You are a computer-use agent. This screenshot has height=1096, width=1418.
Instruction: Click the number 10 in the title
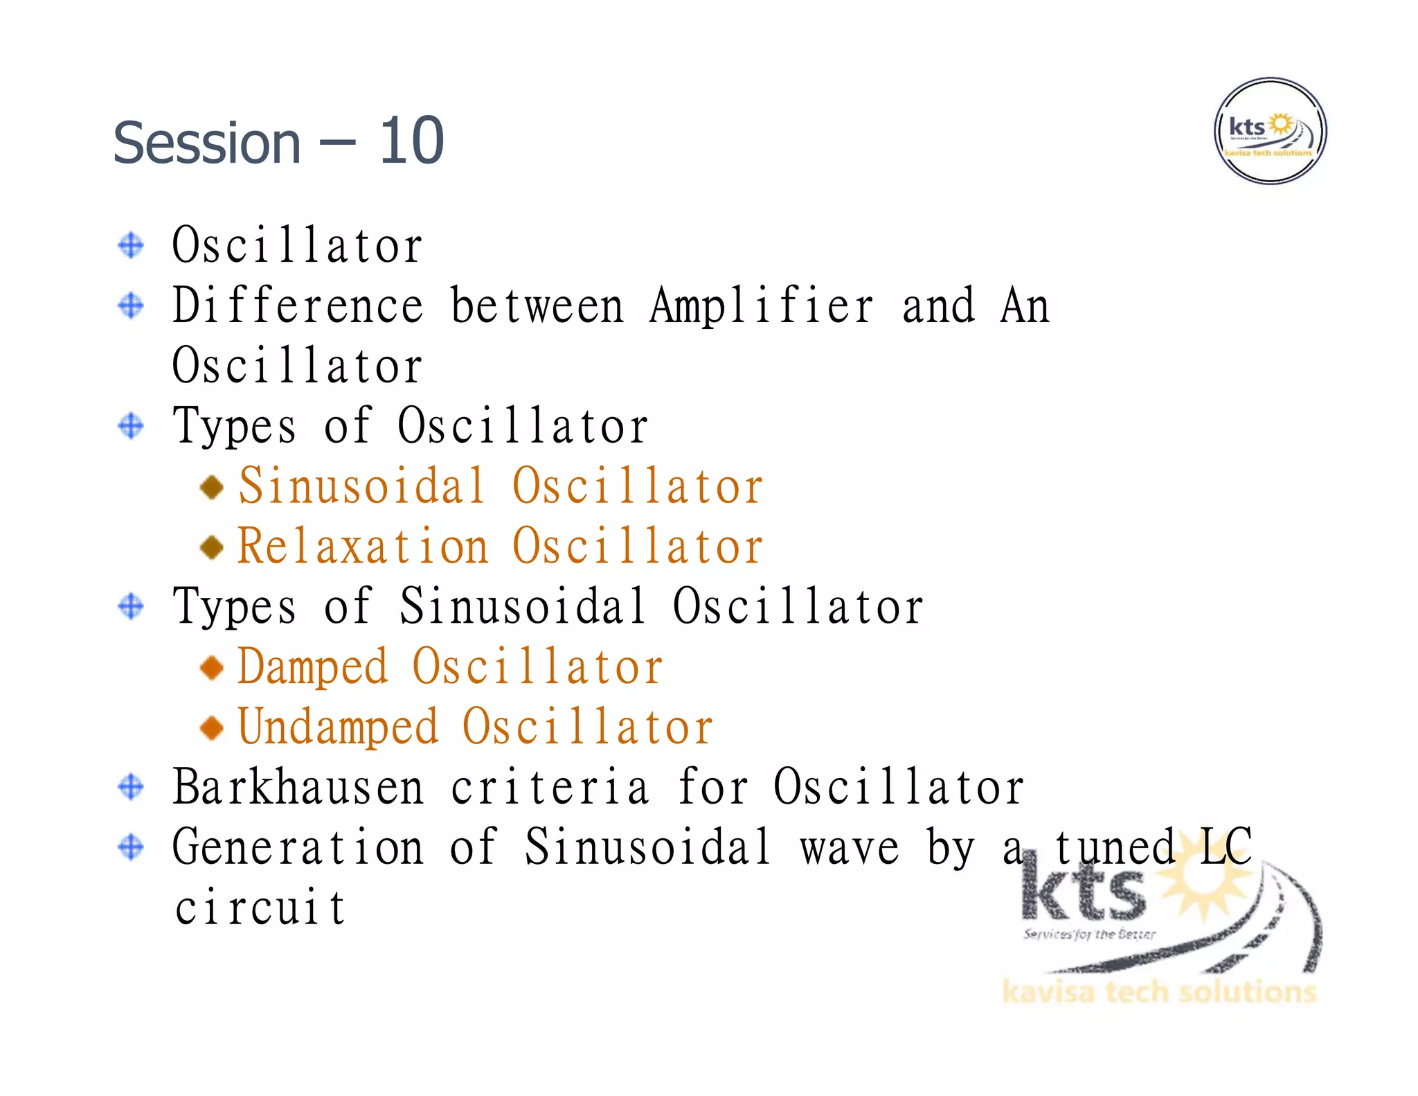(411, 141)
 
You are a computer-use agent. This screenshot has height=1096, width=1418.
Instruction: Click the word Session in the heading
(207, 143)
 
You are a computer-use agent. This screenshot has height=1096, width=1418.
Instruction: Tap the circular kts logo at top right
(1270, 131)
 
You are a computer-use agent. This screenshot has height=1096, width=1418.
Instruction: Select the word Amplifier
(762, 306)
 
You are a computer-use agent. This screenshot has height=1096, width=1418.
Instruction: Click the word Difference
(298, 306)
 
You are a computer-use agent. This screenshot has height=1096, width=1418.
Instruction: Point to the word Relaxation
(363, 546)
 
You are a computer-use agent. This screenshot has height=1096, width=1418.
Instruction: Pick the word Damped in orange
(312, 666)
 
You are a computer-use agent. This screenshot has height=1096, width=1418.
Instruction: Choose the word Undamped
(338, 727)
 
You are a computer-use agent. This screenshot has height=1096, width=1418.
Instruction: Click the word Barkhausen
(298, 787)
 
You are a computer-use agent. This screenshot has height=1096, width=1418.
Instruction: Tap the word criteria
(550, 787)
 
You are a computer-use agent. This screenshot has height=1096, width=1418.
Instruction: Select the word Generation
(298, 847)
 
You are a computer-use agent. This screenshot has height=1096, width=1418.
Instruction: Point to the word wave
(849, 847)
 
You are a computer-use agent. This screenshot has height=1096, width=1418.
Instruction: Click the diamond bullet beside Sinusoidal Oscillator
(211, 487)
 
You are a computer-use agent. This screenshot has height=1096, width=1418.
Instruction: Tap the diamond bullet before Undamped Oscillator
(211, 727)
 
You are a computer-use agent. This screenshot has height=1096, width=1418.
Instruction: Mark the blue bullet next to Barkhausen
(131, 787)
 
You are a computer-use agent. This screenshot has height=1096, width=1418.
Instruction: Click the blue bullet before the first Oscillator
(131, 245)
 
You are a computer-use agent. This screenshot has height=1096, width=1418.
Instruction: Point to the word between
(537, 306)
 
